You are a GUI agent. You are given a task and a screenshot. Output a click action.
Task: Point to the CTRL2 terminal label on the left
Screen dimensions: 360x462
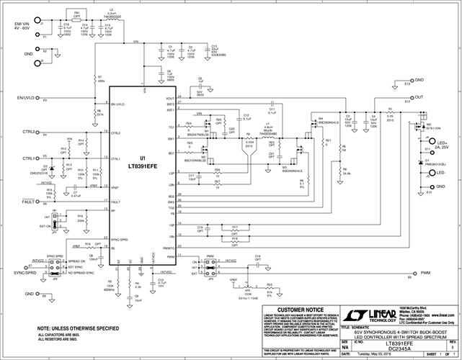tap(30, 132)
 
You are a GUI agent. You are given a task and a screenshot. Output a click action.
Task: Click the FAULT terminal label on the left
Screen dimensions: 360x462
tap(29, 202)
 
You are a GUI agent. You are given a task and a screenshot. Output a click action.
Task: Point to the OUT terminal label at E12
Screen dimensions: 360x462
tap(419, 97)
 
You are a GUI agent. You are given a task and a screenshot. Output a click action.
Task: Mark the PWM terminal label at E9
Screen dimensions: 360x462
tap(425, 274)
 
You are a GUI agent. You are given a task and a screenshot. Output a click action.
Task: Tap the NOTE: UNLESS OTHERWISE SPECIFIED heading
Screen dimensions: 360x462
tap(79, 328)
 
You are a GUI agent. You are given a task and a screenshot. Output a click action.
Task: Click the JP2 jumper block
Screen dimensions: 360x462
tap(53, 271)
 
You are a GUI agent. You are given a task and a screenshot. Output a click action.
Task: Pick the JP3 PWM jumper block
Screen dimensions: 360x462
tap(210, 269)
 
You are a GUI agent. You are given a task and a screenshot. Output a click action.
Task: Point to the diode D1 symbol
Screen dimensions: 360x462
tap(421, 163)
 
